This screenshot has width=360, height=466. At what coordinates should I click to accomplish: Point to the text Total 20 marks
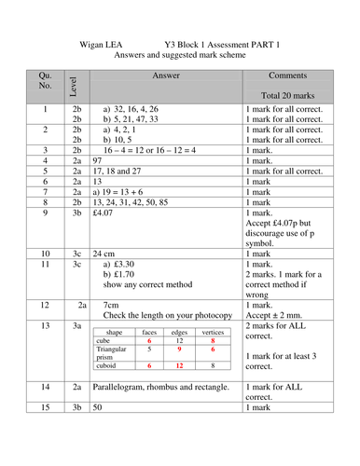(x=290, y=94)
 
